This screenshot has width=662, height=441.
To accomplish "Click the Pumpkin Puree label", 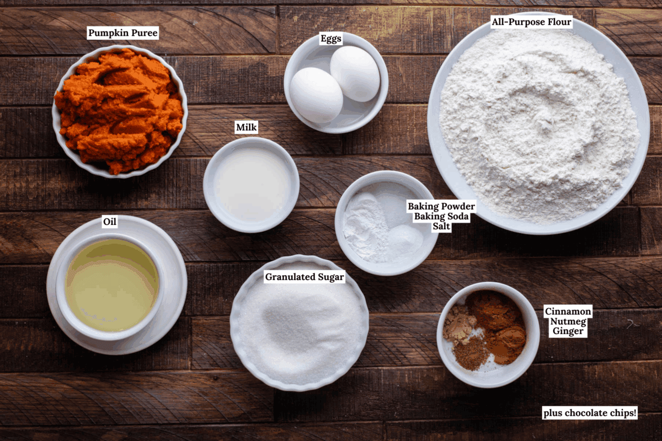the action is (122, 33).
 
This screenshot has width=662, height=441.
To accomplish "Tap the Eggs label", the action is (330, 39).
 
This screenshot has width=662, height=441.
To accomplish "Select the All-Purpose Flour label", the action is (531, 22).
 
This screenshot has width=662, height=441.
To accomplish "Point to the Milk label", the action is (246, 127).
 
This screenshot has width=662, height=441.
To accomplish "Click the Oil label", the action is (109, 221).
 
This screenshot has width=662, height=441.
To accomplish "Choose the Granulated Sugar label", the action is (305, 277).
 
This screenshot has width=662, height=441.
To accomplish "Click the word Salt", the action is (441, 226).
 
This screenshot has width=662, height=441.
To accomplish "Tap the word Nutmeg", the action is (568, 321).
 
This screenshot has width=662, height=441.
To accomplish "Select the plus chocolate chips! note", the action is (590, 413).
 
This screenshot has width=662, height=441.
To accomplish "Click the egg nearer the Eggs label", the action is (355, 73).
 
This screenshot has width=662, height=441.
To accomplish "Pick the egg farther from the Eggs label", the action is (316, 95).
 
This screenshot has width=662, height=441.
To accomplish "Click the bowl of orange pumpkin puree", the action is (120, 112).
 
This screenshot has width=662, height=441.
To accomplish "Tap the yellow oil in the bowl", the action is (111, 285).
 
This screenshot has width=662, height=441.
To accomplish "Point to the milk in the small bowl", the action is (251, 185).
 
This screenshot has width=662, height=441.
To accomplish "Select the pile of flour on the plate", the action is (538, 124).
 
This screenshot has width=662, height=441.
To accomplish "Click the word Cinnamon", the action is (568, 311).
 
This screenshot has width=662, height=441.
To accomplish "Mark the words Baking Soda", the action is (441, 216).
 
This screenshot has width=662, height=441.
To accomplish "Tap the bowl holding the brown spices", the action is (488, 335).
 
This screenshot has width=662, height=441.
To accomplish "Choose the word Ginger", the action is (568, 331).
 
